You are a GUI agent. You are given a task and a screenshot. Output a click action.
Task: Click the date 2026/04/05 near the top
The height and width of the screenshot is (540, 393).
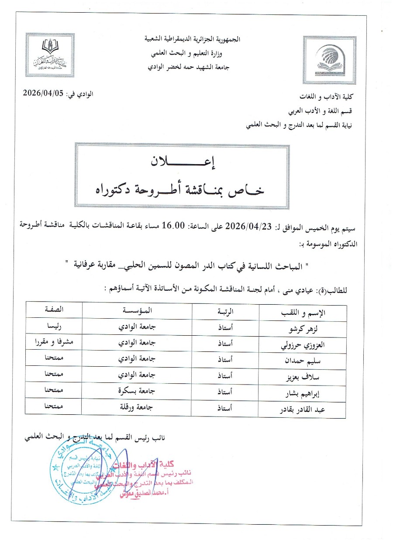pyautogui.click(x=46, y=93)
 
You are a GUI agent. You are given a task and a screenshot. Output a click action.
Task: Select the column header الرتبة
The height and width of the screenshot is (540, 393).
pyautogui.click(x=225, y=311)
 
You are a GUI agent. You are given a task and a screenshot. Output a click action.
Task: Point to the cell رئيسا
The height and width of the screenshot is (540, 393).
pyautogui.click(x=53, y=326)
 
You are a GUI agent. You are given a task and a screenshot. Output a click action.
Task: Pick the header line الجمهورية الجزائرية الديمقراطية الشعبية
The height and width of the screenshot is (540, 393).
pyautogui.click(x=193, y=39)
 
